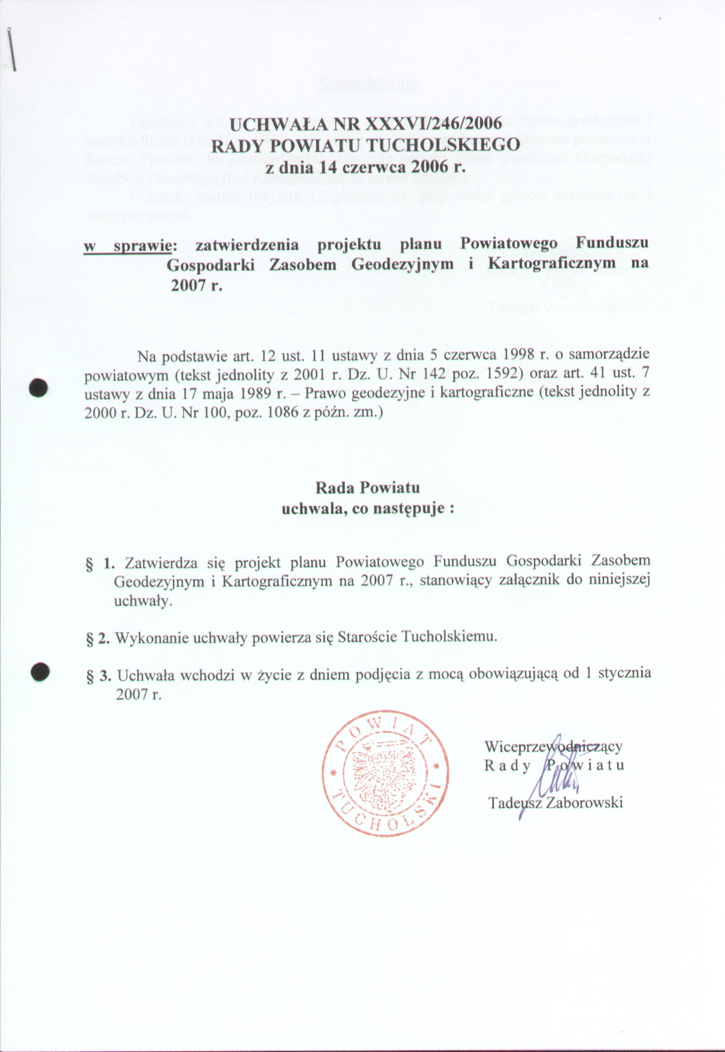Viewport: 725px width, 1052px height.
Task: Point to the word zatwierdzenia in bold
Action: pos(246,245)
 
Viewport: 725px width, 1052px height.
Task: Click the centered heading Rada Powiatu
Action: pos(368,488)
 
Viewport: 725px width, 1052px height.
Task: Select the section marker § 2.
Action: pos(98,638)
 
